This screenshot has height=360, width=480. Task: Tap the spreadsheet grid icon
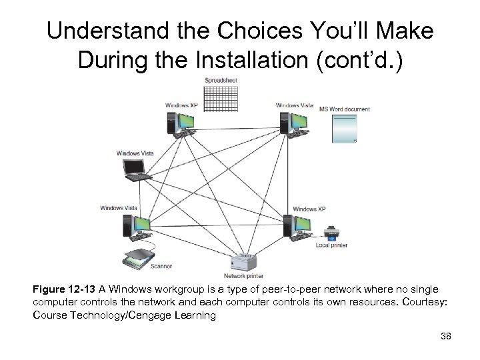pos(222,97)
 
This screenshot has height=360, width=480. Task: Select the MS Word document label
pos(344,109)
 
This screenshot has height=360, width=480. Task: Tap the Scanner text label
pos(161,267)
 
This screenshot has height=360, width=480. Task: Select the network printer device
pos(243,262)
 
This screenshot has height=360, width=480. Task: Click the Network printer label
pos(243,276)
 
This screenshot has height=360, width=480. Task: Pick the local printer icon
pos(331,235)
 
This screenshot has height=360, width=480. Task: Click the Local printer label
pos(331,245)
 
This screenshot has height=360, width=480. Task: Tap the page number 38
pos(446,336)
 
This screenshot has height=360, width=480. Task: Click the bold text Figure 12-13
pos(64,290)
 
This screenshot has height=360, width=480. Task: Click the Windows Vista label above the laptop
pos(135,153)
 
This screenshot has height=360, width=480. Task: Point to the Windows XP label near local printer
pos(309,209)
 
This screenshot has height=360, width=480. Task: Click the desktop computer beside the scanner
pos(131,227)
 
